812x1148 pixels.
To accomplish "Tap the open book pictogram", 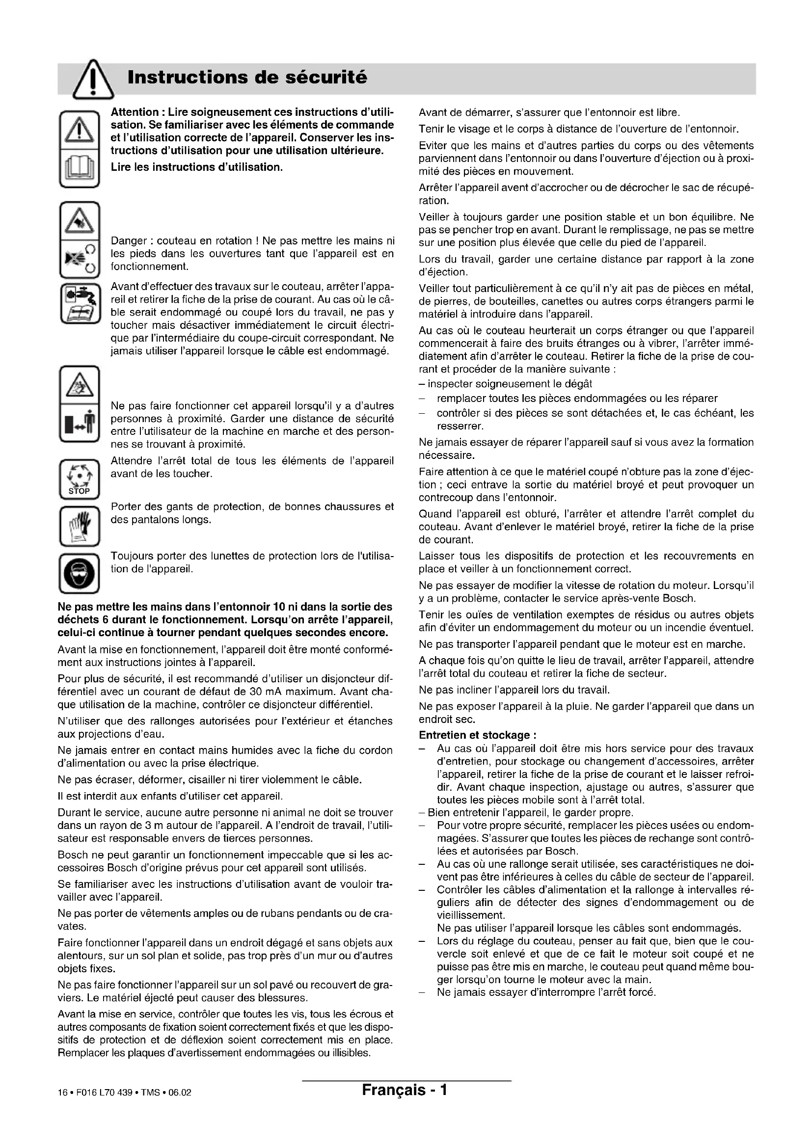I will [80, 168].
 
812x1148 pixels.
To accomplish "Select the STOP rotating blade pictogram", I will [80, 479].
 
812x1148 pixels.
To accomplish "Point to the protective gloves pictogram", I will [80, 527].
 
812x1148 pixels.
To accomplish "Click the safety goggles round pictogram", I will [80, 573].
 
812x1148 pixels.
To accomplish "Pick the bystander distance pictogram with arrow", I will [80, 423].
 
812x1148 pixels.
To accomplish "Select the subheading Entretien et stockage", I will [477, 735].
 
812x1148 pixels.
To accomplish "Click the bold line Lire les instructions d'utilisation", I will [197, 167].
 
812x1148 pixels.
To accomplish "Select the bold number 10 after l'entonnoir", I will [279, 607].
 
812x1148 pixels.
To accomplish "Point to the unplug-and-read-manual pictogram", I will [80, 303].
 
